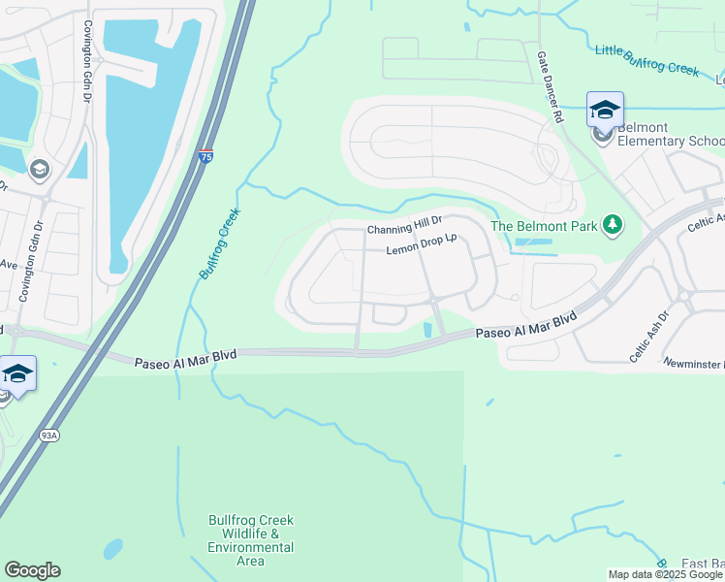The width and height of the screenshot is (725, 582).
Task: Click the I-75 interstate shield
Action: coord(205,156)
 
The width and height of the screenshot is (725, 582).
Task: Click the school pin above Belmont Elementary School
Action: coord(605,110)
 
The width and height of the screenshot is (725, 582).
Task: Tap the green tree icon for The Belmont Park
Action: coord(612,225)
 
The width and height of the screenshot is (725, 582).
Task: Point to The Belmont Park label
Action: coord(545,226)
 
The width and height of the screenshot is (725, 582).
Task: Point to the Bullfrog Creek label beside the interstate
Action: coord(219,243)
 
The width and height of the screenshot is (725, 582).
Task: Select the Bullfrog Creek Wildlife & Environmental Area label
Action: coord(250,540)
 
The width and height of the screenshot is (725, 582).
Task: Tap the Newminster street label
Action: coord(694,363)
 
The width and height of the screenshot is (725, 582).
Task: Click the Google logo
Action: coord(32,570)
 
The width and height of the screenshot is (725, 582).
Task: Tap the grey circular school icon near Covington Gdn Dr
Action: coord(39,170)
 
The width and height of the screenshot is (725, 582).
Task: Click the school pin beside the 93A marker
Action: coord(17,373)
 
